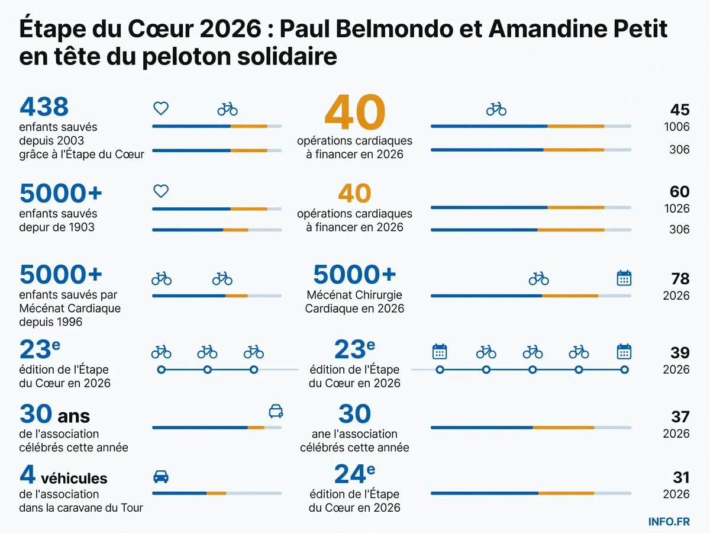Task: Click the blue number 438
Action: point(44,107)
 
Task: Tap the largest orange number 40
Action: point(355,112)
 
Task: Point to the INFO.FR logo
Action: point(669,522)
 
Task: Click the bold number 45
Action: point(680,110)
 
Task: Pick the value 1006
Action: point(677,127)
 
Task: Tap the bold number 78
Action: point(680,278)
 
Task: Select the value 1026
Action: point(677,208)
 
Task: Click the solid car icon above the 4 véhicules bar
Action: point(161,477)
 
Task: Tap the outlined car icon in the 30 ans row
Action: point(276,411)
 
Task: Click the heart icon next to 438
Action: point(161,108)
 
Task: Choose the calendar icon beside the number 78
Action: point(624,278)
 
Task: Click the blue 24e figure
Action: point(355,474)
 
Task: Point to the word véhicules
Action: point(74,479)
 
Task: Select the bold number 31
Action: point(681,477)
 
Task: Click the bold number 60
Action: point(680,191)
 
